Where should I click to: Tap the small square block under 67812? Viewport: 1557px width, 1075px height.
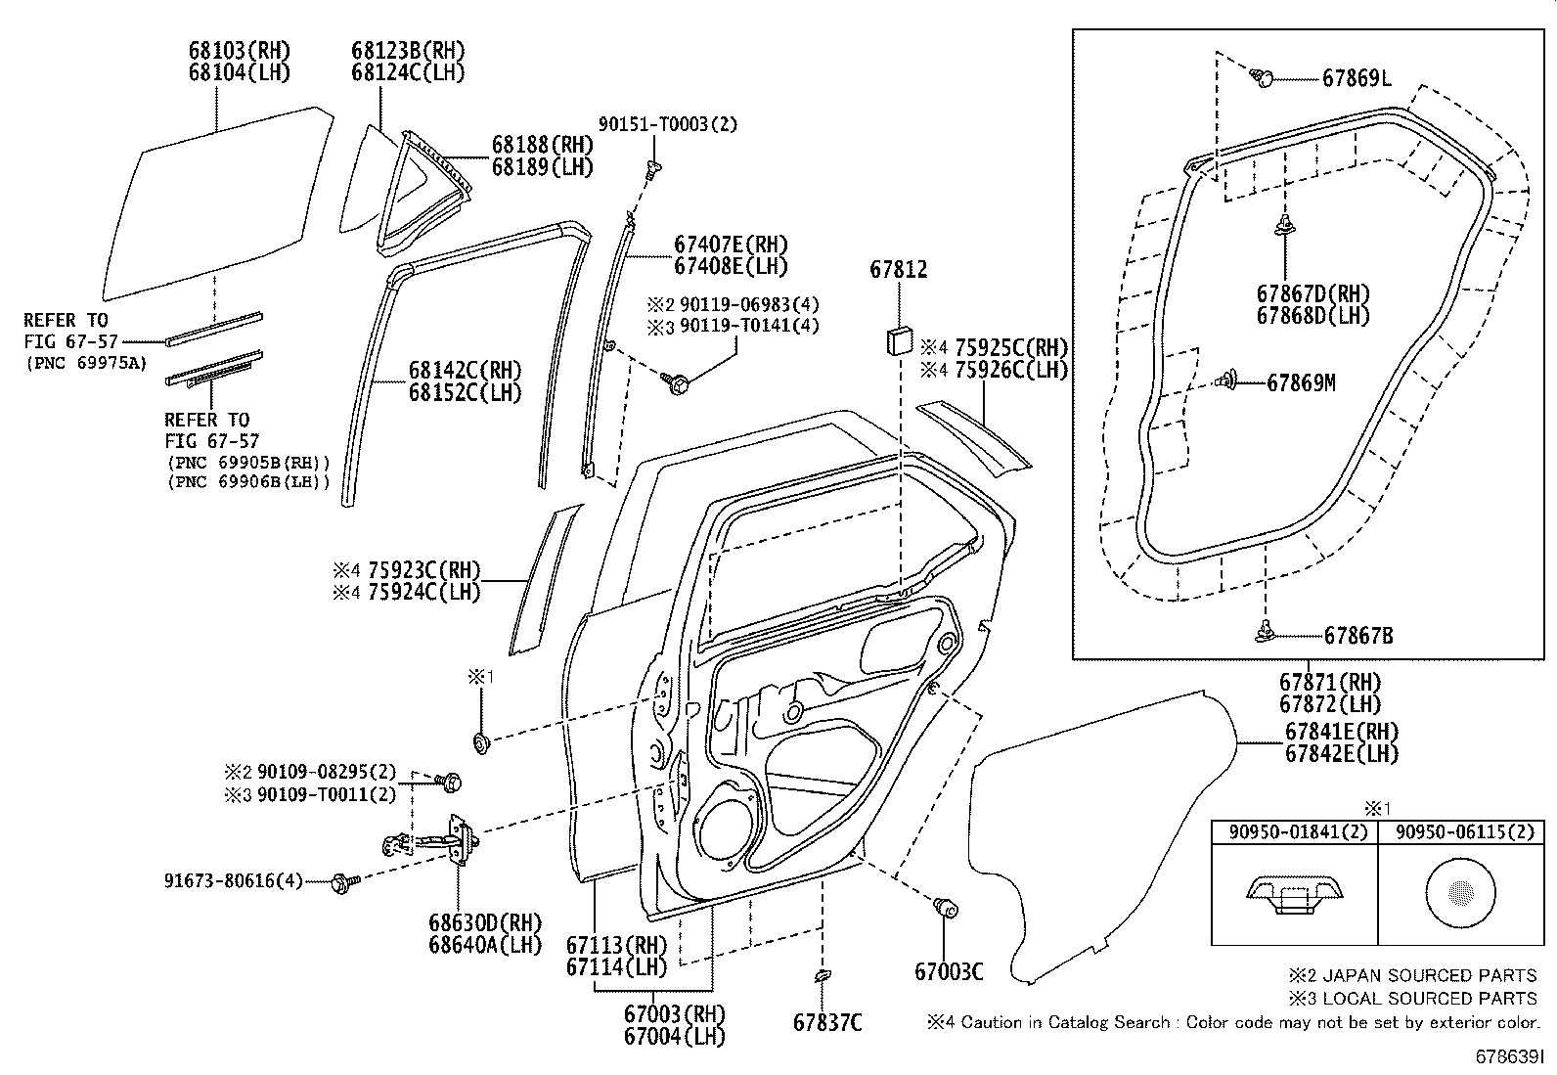tap(898, 341)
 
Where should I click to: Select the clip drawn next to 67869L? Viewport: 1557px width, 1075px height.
tap(1263, 77)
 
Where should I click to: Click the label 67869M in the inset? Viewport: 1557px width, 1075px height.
tap(1301, 383)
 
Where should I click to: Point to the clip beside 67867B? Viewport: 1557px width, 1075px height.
tap(1267, 633)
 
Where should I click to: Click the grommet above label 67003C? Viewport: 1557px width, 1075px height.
tap(945, 908)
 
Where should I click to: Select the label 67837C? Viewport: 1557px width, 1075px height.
tap(827, 1022)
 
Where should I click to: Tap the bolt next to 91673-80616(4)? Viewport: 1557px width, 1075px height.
tap(343, 881)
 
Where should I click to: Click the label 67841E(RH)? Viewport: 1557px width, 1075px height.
tap(1341, 732)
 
